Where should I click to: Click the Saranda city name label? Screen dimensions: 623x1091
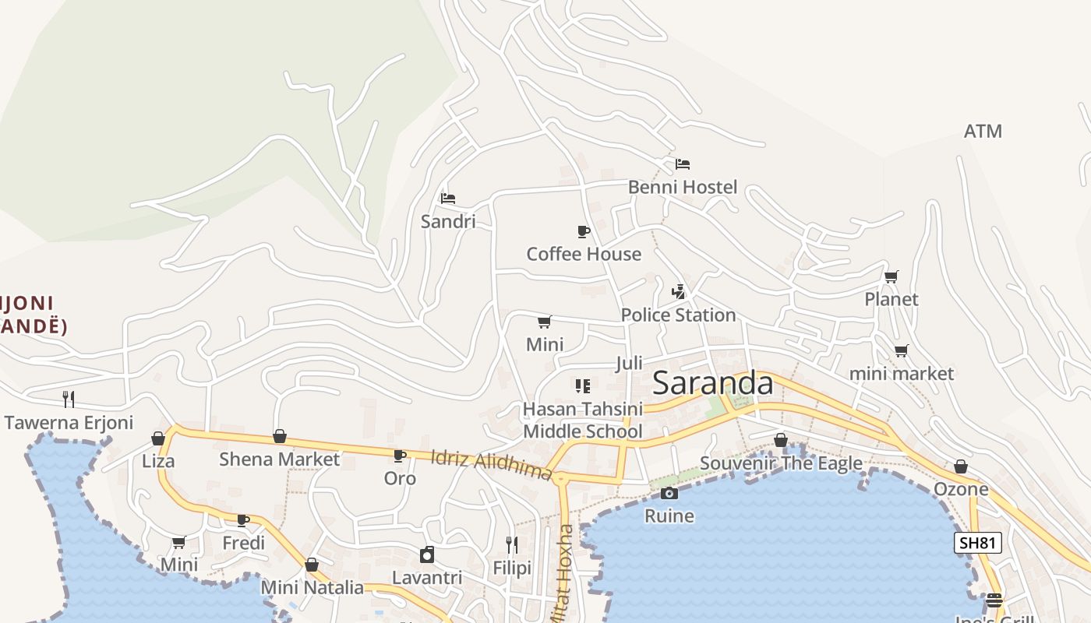click(712, 383)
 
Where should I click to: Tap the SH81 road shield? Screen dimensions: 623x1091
click(977, 543)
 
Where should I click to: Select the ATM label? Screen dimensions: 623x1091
click(983, 132)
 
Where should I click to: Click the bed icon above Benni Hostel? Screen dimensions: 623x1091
click(683, 164)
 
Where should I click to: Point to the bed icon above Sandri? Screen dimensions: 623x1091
click(447, 199)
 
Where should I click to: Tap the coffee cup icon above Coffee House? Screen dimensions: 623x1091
click(583, 231)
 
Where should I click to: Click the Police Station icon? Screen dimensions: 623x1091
click(678, 292)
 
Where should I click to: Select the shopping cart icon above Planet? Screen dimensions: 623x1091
click(892, 276)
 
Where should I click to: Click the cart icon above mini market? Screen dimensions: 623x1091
click(901, 350)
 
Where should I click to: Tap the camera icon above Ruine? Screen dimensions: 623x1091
click(669, 493)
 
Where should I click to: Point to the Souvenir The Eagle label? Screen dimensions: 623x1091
click(781, 463)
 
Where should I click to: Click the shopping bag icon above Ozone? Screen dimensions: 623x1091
click(961, 466)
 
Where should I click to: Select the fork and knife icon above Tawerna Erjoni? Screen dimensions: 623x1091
click(69, 399)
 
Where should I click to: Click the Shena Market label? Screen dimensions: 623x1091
click(279, 459)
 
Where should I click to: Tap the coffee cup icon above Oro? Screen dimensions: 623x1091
click(400, 456)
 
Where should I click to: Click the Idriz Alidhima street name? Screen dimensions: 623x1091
click(491, 466)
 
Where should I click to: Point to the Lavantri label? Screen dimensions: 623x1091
click(427, 578)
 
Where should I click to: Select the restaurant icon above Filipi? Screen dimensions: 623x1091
click(512, 545)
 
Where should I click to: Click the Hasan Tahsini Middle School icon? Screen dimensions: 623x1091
click(583, 385)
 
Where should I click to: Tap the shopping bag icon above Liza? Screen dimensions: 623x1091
click(158, 438)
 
